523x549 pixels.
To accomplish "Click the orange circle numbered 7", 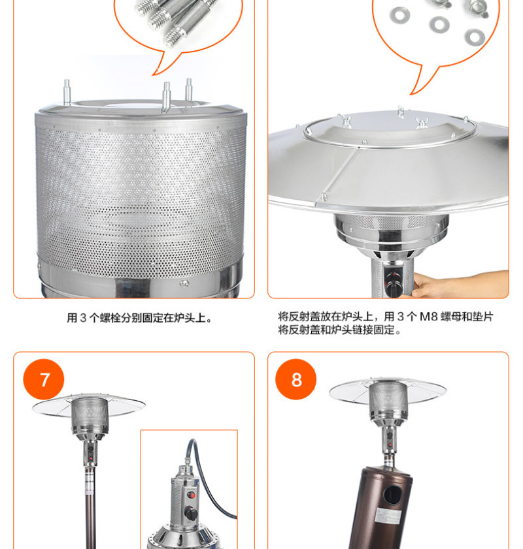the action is (x=43, y=379).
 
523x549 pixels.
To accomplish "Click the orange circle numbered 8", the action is (x=296, y=379).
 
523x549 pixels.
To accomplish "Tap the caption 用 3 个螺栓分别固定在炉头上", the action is (x=139, y=318).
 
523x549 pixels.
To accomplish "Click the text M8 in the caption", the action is (x=429, y=317).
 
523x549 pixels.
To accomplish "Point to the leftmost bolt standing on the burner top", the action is (x=67, y=93).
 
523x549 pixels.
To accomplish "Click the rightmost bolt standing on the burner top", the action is (x=188, y=90).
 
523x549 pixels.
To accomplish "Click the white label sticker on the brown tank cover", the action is (x=389, y=516).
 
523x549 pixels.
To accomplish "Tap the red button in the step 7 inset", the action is (x=191, y=495).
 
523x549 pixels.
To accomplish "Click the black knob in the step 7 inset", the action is (x=191, y=513).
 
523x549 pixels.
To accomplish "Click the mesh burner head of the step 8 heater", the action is (x=388, y=399).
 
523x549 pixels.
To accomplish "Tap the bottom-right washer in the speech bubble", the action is (x=475, y=37).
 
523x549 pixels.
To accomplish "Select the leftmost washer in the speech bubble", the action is (x=399, y=15).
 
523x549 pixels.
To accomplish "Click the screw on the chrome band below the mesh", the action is (x=184, y=283).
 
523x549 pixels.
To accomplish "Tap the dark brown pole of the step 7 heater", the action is (x=90, y=508).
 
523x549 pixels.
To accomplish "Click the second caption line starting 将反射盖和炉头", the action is (x=339, y=330).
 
